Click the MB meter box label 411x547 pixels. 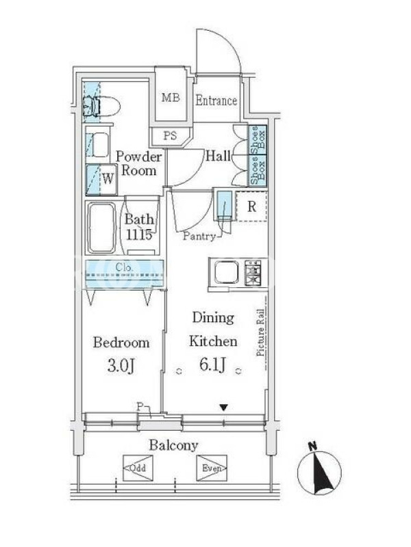[x=171, y=98]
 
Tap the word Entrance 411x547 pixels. [x=216, y=101]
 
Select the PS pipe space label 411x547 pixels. [x=170, y=135]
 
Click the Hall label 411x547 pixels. [x=218, y=156]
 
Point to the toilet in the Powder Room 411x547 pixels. [x=101, y=106]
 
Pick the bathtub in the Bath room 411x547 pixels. [x=101, y=228]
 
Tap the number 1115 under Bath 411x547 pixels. [x=139, y=235]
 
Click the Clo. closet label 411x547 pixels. [x=125, y=267]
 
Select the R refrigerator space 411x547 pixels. [x=251, y=206]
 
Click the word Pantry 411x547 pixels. [x=199, y=237]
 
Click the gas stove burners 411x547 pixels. [x=253, y=271]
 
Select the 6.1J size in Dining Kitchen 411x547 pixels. [x=212, y=365]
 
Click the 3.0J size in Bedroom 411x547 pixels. [x=121, y=366]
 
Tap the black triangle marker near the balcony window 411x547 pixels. [x=224, y=407]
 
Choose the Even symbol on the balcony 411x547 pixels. [x=212, y=468]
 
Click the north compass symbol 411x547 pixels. [x=319, y=470]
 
